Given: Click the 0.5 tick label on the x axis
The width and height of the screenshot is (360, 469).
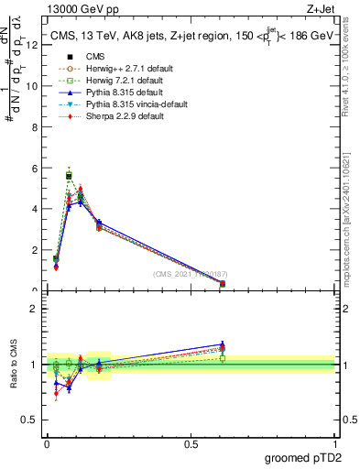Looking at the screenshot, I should point(191,443).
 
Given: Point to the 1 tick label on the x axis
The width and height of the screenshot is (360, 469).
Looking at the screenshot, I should point(334,443).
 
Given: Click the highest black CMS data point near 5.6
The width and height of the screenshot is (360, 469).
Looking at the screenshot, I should point(69,176).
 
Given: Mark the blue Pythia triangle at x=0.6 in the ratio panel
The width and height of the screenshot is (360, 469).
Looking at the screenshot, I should point(223,344).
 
